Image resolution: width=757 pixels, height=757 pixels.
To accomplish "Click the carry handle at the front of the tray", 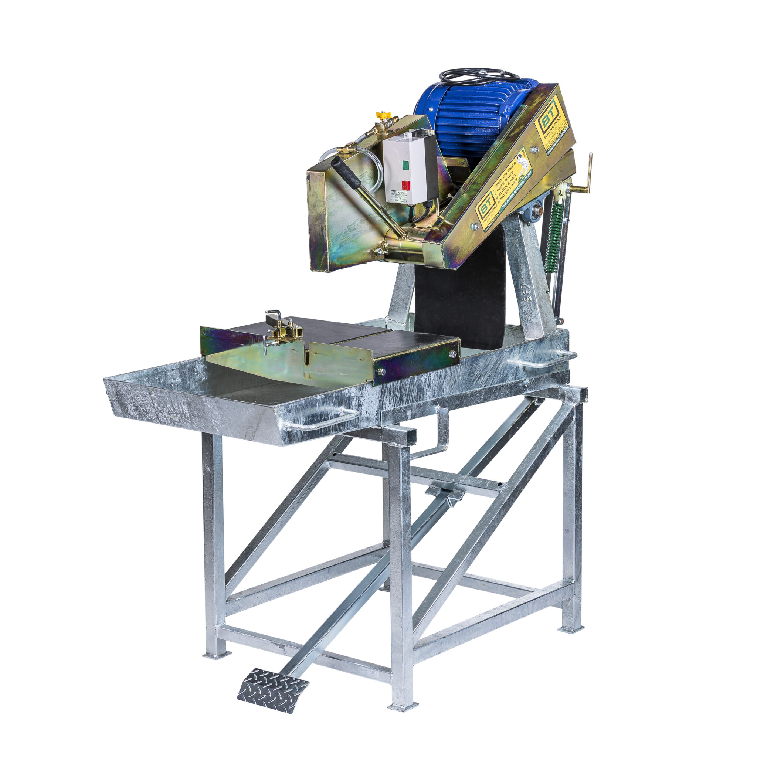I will point(321,420).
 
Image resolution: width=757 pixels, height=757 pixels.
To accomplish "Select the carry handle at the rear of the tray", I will point(549,359).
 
